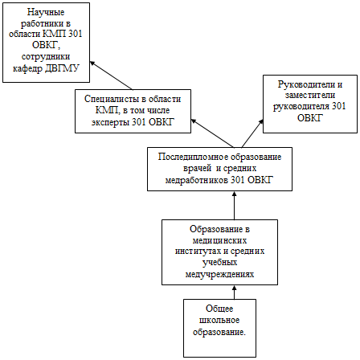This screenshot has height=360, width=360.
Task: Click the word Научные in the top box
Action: coord(46,12)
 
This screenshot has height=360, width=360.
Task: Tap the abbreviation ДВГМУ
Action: coord(62,68)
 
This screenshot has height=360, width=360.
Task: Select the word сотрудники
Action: coord(46,57)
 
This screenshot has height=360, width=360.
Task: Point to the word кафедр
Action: coord(27,69)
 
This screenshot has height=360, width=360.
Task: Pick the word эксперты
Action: coord(110,122)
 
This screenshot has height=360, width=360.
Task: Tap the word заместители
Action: coord(310,96)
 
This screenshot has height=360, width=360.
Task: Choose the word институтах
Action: coord(198,252)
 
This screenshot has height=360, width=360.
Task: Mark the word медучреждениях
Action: coord(219,274)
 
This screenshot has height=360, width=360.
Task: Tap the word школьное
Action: coord(219,321)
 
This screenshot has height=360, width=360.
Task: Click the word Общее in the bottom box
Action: coord(219,309)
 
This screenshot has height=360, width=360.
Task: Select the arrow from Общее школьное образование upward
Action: coord(235,292)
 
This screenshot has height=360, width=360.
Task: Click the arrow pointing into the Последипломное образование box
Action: coord(235,206)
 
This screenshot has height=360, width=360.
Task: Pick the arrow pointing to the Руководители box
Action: coord(252,133)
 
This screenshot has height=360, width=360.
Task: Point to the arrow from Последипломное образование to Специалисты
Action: coord(212,133)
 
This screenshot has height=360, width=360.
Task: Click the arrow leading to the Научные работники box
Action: coord(111,76)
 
